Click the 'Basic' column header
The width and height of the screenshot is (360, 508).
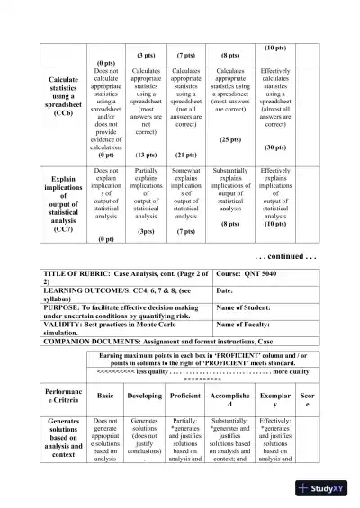tap(105, 395)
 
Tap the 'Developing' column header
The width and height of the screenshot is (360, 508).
tap(145, 395)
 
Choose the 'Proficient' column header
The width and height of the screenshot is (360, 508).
tap(185, 395)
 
